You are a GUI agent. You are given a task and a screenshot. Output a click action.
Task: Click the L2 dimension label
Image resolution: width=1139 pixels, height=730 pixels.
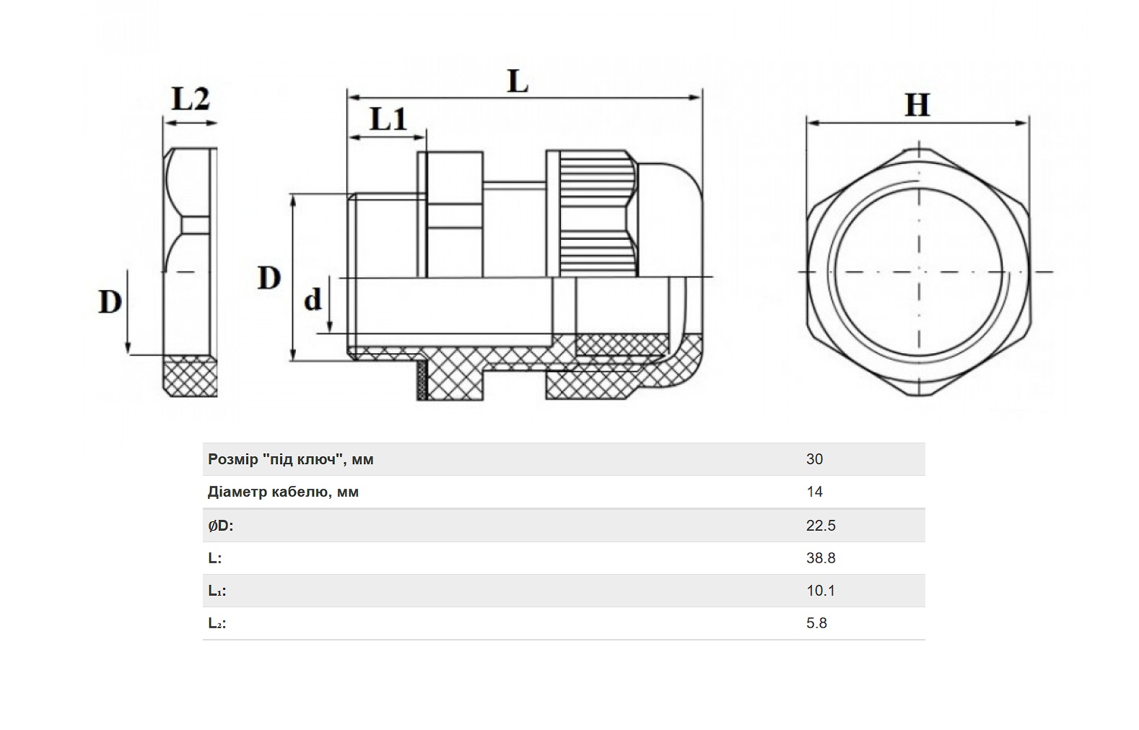click(x=191, y=99)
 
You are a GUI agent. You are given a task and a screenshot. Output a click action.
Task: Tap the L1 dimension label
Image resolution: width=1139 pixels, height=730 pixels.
click(x=389, y=119)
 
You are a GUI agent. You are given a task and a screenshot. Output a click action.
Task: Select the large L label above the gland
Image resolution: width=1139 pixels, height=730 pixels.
click(x=518, y=82)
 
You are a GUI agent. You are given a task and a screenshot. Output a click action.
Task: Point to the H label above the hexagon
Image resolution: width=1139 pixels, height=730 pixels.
click(x=917, y=105)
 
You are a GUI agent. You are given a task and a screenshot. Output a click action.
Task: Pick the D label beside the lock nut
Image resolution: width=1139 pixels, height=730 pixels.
click(x=110, y=301)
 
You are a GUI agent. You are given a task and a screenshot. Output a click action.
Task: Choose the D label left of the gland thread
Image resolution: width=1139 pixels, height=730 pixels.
click(x=269, y=278)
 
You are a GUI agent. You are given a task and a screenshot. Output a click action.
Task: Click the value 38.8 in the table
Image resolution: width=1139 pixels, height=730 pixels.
click(x=821, y=558)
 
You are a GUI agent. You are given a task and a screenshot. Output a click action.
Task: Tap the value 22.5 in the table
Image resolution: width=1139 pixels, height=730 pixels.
click(x=821, y=526)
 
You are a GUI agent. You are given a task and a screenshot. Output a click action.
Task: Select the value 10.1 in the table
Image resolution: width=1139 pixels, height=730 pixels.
click(x=820, y=591)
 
